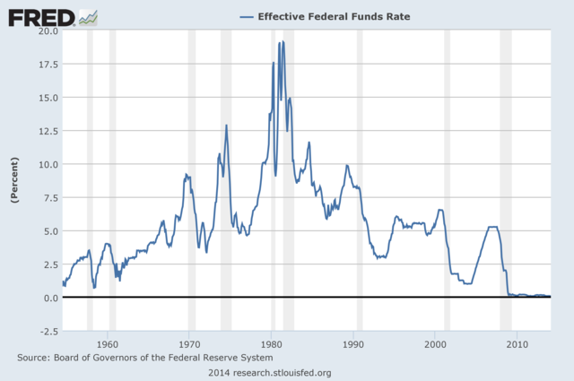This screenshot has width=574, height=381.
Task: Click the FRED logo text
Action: tap(41, 16)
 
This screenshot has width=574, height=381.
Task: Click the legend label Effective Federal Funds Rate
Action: tap(327, 16)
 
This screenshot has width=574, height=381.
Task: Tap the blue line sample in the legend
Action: tap(245, 16)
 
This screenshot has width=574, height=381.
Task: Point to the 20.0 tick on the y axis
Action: tap(47, 31)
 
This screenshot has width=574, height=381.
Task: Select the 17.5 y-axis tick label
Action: tap(47, 65)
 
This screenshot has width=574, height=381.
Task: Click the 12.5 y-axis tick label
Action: tap(47, 131)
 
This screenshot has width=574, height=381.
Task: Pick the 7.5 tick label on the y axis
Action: tap(49, 197)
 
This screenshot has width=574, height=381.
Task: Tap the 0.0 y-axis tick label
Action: tap(49, 298)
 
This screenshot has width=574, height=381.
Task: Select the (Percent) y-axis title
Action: tap(15, 179)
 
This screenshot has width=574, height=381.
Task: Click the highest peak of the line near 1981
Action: tap(283, 42)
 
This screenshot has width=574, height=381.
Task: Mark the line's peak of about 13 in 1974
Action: tap(227, 126)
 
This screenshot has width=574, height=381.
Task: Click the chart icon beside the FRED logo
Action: tap(88, 16)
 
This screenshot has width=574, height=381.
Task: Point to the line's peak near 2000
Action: tap(440, 210)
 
